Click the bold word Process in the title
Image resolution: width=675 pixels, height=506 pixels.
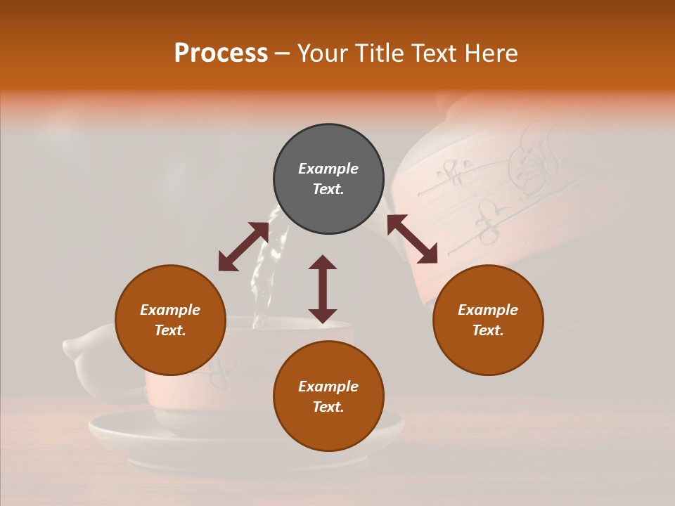(x=221, y=53)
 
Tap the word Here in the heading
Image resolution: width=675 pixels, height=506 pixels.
(x=490, y=53)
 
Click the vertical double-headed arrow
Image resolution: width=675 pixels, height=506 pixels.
(x=323, y=289)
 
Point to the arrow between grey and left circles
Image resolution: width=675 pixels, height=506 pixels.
(x=243, y=247)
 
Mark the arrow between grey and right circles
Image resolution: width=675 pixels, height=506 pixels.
(x=412, y=239)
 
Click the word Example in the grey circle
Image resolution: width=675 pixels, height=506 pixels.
(x=328, y=169)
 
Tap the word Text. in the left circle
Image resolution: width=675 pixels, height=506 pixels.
(x=170, y=330)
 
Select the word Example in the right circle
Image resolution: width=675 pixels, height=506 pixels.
(x=488, y=310)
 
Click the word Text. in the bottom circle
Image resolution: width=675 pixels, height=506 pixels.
(x=328, y=407)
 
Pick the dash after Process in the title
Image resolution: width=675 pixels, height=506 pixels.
(x=282, y=53)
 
